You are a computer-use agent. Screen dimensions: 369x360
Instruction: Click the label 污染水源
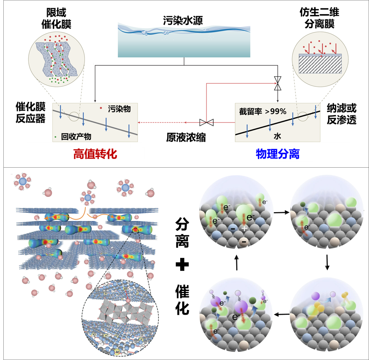[x=183, y=21]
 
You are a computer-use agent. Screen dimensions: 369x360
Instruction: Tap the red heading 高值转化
[x=95, y=154]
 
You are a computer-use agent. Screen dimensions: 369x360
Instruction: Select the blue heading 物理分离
[x=278, y=154]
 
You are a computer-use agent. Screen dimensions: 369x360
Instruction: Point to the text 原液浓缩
[x=186, y=138]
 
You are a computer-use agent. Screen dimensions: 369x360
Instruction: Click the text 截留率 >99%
[x=262, y=111]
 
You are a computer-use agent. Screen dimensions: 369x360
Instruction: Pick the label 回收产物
[x=76, y=137]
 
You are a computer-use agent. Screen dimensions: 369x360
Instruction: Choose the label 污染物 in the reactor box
[x=119, y=109]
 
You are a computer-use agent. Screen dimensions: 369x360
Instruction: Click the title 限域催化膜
[x=56, y=18]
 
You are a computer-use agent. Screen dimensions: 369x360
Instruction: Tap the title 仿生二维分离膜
[x=319, y=18]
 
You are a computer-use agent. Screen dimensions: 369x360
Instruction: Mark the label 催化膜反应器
[x=31, y=113]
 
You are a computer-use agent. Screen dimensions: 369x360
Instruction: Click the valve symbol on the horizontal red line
[x=206, y=122]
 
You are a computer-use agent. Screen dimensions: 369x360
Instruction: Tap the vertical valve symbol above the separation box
[x=278, y=83]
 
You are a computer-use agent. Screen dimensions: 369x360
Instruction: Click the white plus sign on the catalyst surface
[x=244, y=228]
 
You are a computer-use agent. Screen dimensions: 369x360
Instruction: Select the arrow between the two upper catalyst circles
[x=282, y=212]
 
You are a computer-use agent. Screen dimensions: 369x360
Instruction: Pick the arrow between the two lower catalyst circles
[x=282, y=314]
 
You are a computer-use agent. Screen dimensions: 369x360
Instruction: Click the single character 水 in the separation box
[x=277, y=136]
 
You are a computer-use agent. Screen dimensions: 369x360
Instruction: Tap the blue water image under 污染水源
[x=184, y=40]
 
